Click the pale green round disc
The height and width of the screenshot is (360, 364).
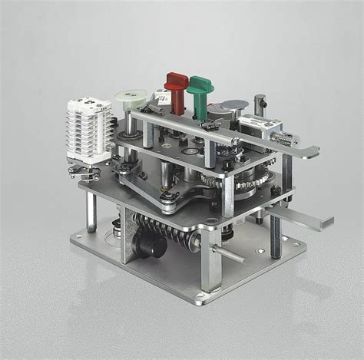131,98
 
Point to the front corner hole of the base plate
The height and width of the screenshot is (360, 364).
201,296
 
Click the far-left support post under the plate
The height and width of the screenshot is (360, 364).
91,211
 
